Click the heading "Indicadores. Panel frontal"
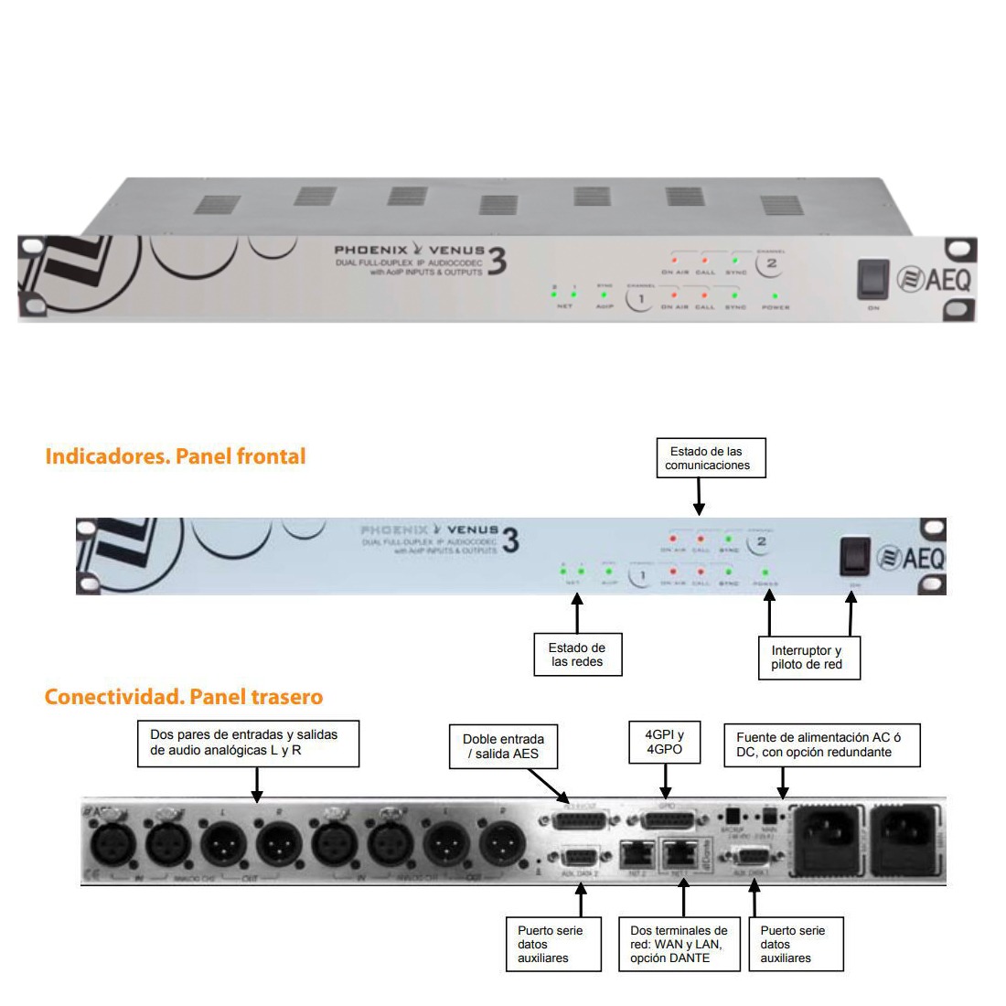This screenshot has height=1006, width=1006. click(x=175, y=455)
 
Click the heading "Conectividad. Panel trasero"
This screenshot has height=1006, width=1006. click(x=183, y=697)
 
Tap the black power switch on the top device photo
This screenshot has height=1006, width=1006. click(x=873, y=280)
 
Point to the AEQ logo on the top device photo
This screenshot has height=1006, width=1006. click(x=933, y=279)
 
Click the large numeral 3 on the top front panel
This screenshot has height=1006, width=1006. click(x=497, y=262)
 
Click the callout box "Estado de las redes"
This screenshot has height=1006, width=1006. click(x=578, y=655)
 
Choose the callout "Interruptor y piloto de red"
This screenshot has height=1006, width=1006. click(x=806, y=657)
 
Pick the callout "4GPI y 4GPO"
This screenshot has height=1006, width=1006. click(x=666, y=741)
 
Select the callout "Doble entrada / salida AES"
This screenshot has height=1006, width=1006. click(x=503, y=746)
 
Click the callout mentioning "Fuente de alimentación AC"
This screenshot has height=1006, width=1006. click(x=821, y=744)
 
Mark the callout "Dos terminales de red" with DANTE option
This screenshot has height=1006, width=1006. click(x=679, y=944)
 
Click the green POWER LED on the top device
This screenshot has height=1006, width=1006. click(x=776, y=295)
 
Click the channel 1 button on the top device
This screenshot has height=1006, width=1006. click(x=641, y=299)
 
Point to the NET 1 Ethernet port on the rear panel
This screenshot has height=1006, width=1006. click(x=678, y=854)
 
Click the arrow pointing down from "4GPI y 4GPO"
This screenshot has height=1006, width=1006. click(x=666, y=783)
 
